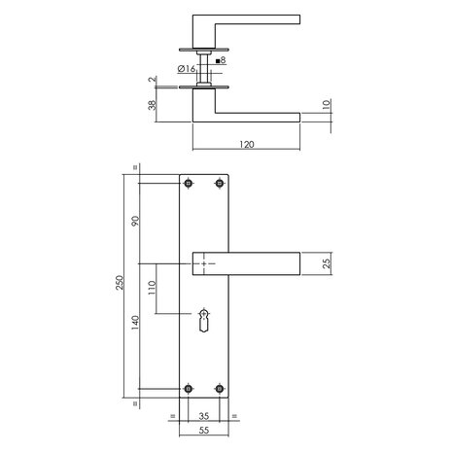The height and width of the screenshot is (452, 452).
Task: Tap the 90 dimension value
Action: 135,223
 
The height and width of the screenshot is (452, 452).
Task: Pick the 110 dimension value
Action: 152,289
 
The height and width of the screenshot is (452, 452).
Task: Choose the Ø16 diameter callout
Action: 188,69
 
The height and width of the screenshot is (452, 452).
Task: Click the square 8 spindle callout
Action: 221,61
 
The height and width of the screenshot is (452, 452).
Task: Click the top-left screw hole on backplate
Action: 189,184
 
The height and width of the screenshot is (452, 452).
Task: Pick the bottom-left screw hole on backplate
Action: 189,390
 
